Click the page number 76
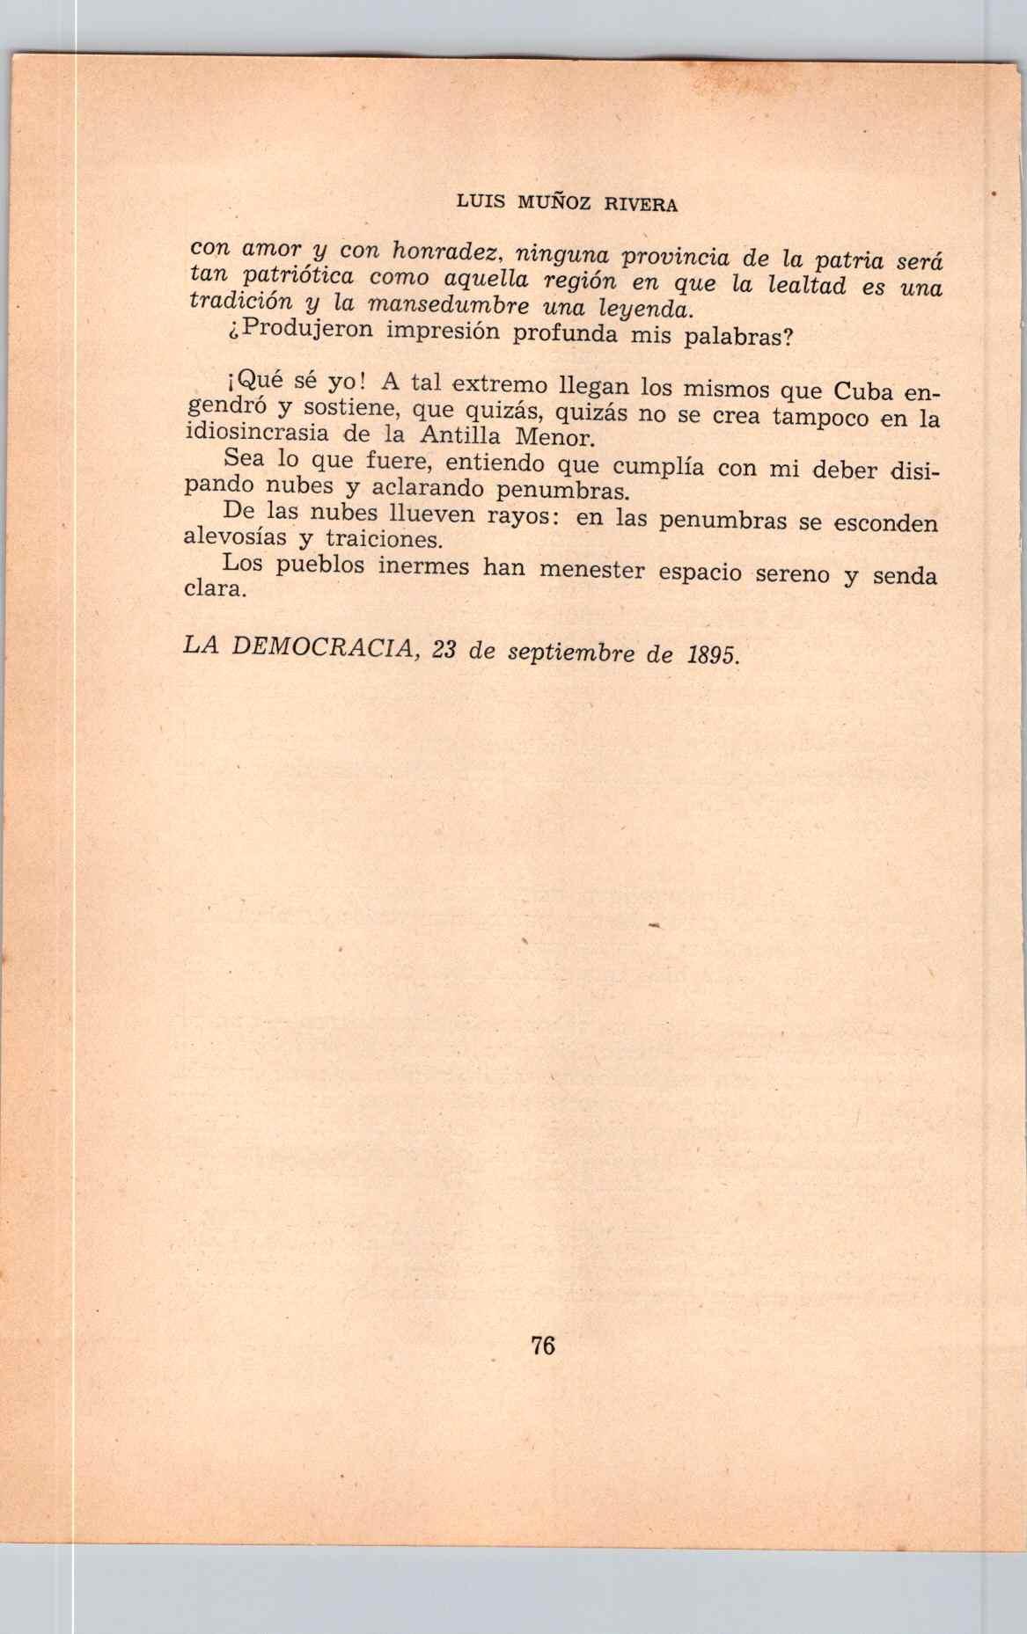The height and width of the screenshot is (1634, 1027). pos(543,1346)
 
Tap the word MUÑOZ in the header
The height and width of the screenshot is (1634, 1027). pos(551,203)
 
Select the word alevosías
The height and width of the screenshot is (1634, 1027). pos(235,537)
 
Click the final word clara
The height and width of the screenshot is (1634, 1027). pos(214,588)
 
